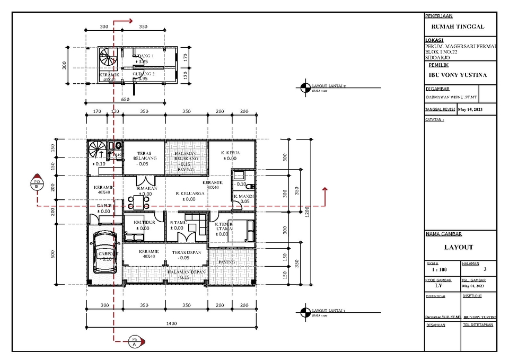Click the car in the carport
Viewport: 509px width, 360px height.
(x=105, y=253)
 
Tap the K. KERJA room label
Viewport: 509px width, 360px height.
(x=230, y=153)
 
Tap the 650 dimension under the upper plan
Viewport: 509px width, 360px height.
(x=125, y=99)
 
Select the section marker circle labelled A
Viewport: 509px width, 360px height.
(x=135, y=343)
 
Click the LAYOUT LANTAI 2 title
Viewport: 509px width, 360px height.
(x=329, y=85)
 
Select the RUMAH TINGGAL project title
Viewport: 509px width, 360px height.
(x=458, y=27)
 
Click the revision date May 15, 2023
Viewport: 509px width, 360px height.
(x=470, y=110)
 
